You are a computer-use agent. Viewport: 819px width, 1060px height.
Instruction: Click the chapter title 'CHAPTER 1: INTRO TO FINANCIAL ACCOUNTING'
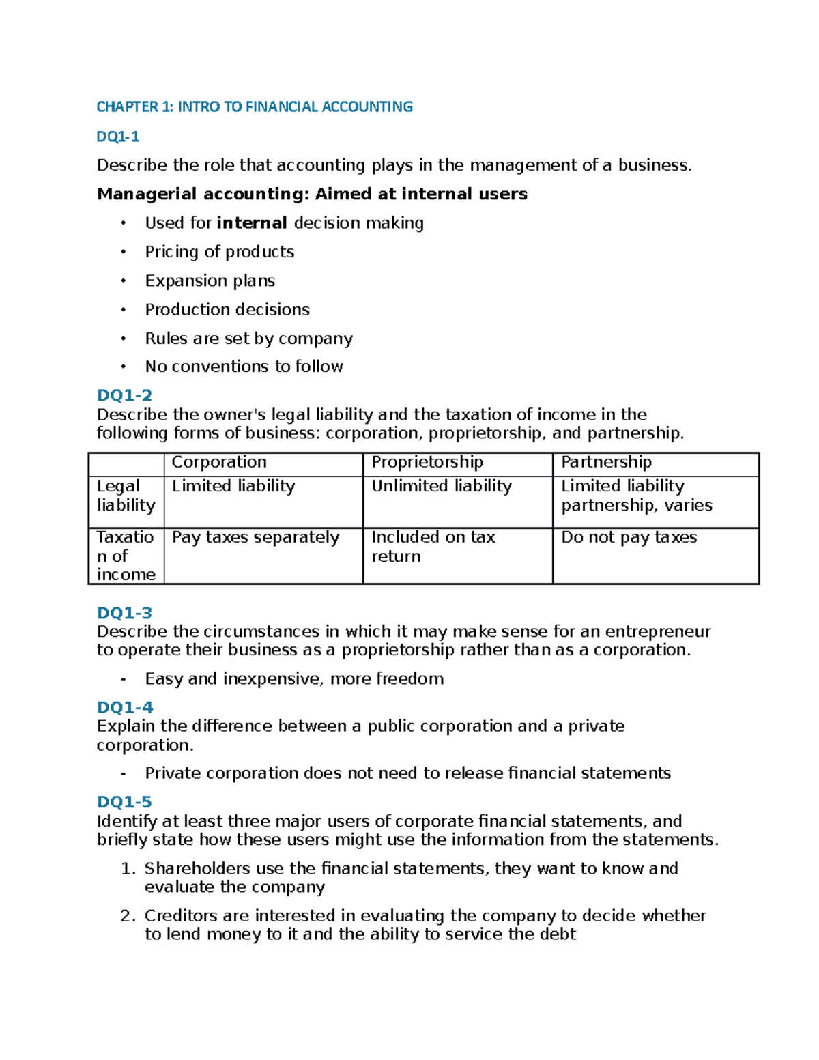click(x=255, y=106)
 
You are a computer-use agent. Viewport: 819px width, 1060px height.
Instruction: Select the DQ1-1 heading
click(x=117, y=137)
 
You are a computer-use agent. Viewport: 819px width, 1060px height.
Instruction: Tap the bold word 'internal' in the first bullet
click(x=251, y=223)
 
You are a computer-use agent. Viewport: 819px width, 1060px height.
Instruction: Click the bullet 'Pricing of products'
click(x=219, y=252)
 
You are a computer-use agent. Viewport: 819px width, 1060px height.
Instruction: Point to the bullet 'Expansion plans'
click(x=210, y=281)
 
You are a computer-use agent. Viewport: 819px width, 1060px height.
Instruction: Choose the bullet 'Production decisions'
click(x=227, y=309)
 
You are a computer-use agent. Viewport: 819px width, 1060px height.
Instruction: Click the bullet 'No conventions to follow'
click(x=244, y=367)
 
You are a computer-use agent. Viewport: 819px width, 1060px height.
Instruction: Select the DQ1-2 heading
click(x=124, y=395)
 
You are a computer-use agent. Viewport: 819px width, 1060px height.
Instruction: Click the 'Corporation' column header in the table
click(x=219, y=462)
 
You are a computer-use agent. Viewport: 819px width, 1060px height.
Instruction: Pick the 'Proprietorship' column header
click(x=427, y=462)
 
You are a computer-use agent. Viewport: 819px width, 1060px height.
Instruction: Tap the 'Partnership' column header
click(x=606, y=462)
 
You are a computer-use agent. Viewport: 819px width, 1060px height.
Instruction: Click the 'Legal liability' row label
click(x=126, y=496)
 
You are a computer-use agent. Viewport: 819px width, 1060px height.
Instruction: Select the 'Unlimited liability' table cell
click(x=441, y=486)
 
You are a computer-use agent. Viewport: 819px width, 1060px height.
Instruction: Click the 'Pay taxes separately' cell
click(x=255, y=537)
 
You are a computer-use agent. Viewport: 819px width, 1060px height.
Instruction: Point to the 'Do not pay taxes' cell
click(x=629, y=537)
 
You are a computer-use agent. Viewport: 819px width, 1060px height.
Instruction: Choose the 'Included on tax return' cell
click(x=433, y=547)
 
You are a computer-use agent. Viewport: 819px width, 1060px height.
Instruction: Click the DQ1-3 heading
click(x=124, y=612)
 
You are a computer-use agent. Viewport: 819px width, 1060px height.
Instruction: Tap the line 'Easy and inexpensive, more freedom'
click(x=294, y=678)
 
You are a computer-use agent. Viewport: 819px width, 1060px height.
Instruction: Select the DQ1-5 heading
click(x=124, y=801)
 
